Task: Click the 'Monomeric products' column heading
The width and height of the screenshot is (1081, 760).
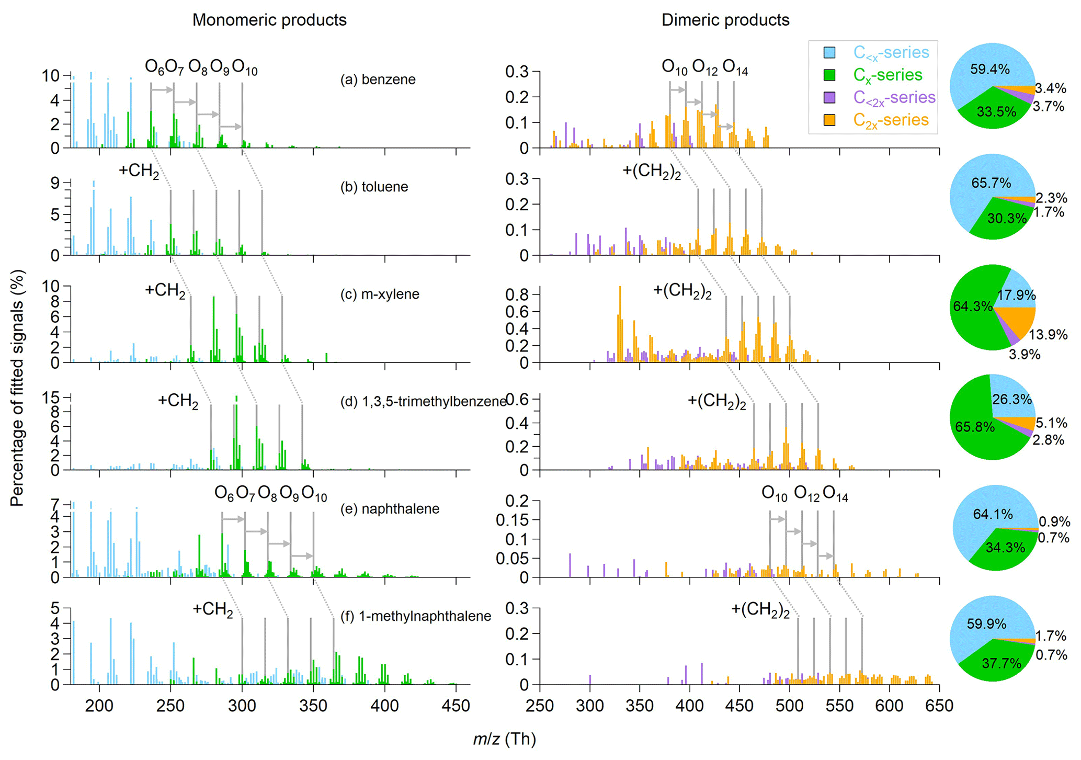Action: point(269,20)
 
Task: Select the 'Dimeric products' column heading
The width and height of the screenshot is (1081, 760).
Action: point(725,20)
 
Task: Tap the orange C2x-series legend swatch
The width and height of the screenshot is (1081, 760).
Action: point(829,120)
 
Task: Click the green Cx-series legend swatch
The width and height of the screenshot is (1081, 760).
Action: point(829,75)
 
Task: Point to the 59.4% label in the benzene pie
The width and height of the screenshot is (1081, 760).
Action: point(989,70)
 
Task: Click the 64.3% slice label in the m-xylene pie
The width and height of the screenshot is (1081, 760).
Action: point(972,307)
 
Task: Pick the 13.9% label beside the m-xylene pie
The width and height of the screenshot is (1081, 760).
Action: point(1048,335)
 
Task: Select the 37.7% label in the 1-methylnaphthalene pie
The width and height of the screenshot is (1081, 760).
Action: point(1001,664)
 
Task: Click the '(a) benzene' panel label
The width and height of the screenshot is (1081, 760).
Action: point(378,80)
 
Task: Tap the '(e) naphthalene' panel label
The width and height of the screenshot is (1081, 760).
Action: point(390,509)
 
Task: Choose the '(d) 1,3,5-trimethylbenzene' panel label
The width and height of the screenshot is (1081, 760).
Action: point(423,402)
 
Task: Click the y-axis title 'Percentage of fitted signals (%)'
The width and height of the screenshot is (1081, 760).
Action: point(17,388)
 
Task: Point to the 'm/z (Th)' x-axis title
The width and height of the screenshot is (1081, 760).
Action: point(504,739)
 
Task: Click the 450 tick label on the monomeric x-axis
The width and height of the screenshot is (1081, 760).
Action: point(456,706)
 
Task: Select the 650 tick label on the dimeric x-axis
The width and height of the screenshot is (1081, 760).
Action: point(939,706)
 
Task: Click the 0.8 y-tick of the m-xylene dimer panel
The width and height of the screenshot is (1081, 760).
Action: point(516,294)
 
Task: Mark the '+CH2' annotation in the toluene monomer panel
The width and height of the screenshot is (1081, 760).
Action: point(139,171)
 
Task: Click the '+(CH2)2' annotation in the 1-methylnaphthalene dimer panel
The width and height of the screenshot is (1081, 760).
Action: point(760,610)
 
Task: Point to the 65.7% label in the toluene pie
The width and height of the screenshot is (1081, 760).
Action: point(991,183)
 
